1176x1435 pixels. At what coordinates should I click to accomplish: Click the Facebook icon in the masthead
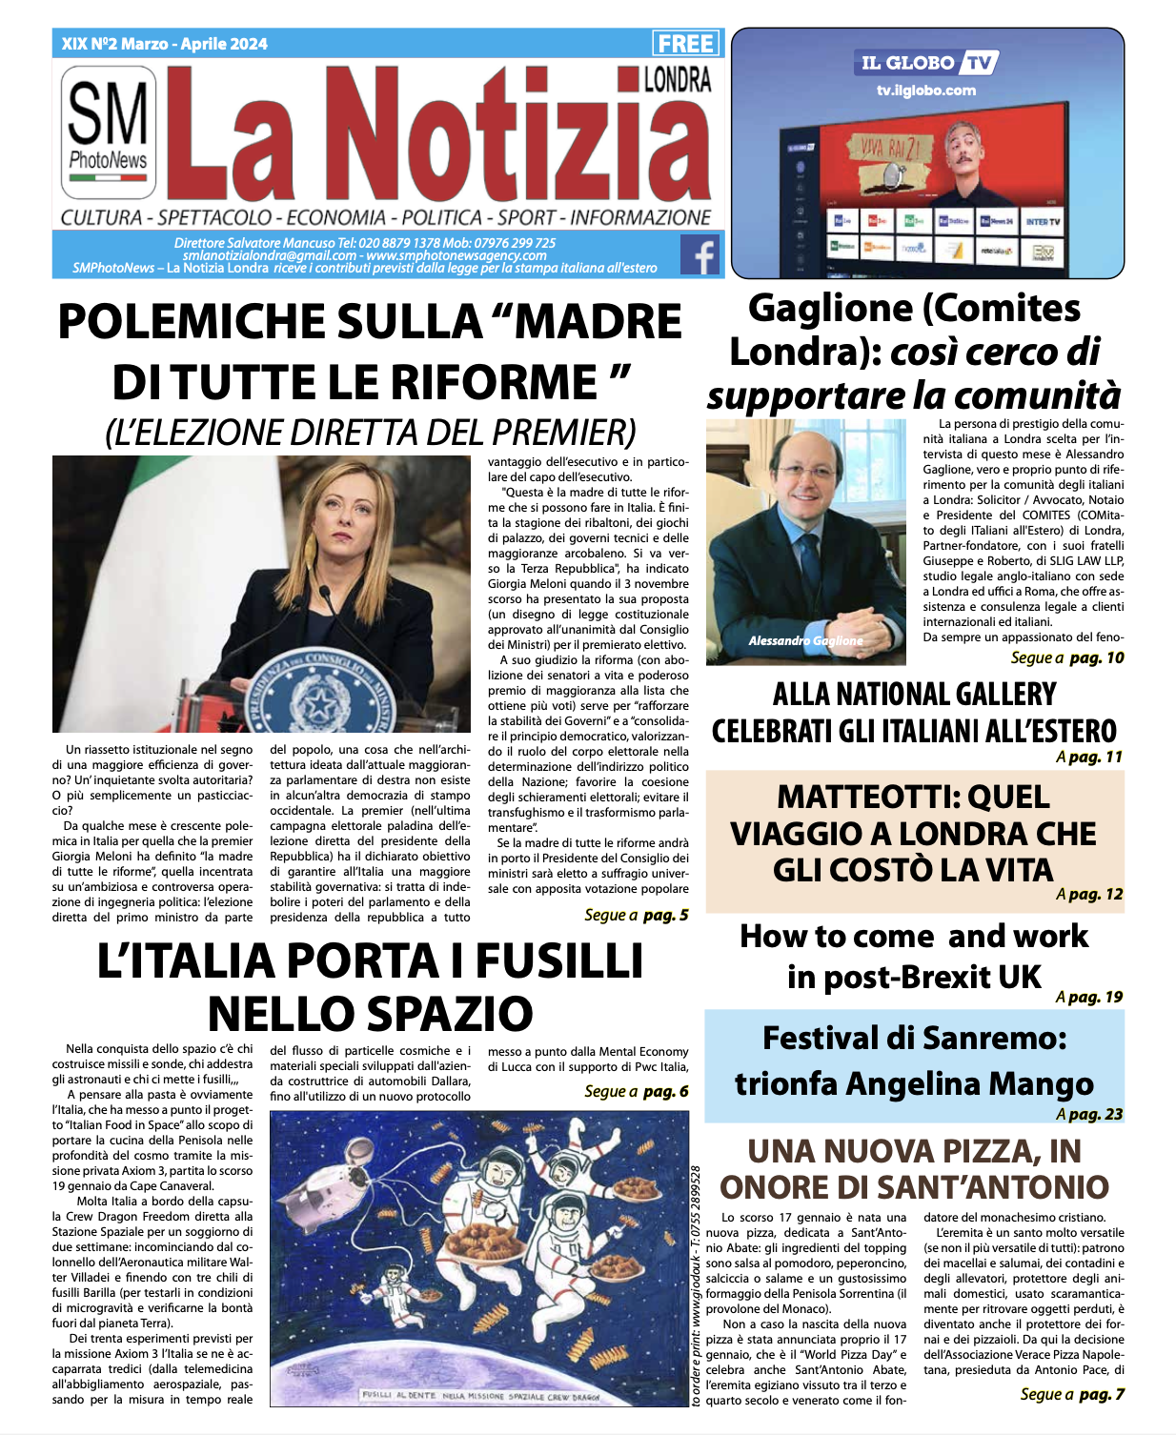(x=700, y=254)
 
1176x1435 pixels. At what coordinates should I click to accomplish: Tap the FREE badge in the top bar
(x=686, y=44)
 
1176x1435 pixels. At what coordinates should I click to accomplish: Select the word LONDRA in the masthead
(x=677, y=80)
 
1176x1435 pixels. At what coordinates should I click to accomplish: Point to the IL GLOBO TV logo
(x=927, y=63)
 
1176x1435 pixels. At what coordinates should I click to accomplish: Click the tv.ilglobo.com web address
(x=926, y=91)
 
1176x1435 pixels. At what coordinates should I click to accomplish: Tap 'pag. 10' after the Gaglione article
(x=1096, y=657)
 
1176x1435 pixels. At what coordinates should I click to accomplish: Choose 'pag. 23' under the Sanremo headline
(x=1096, y=1114)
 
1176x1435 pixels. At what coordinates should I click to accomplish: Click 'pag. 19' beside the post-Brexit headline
(x=1096, y=997)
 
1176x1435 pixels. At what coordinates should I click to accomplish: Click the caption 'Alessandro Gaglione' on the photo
(x=805, y=640)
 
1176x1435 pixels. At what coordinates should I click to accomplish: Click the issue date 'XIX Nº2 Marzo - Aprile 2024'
(x=164, y=44)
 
